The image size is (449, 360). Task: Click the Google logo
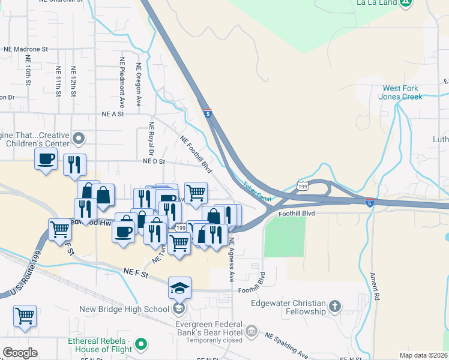[x=20, y=353]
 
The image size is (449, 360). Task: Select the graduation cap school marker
[x=179, y=289]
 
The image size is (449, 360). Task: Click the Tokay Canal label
[x=256, y=192]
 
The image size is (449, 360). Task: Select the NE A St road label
[x=112, y=113]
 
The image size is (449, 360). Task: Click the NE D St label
[x=154, y=161]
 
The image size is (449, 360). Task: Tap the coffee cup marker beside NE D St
[x=46, y=159]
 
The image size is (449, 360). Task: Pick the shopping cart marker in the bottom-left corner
[x=25, y=316]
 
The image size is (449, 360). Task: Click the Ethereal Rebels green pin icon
[x=141, y=344]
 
